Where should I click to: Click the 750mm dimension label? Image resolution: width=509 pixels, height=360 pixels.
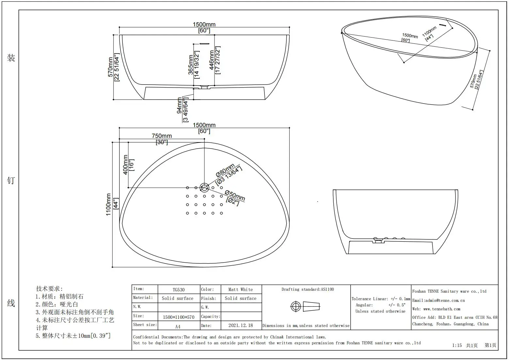pos(162,136)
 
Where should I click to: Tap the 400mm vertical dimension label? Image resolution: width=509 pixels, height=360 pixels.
pos(125,165)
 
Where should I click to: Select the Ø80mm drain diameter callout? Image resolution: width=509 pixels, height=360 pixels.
pos(225,170)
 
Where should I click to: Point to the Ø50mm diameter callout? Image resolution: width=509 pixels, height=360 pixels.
pos(235,196)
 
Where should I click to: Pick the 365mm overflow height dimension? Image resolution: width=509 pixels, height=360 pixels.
pos(191,64)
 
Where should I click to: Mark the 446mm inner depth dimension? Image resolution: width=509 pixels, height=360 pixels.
pos(212,60)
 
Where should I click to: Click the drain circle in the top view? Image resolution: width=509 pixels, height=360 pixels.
pos(204,188)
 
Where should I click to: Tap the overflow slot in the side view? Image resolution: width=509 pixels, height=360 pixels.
pos(204,43)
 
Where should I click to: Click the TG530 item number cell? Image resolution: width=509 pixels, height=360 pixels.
pos(179,290)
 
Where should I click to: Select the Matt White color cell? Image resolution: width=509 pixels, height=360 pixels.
pos(241,289)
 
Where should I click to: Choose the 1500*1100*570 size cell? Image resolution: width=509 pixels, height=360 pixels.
pos(179,317)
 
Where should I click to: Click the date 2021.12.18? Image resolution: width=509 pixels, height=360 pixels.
pos(241,325)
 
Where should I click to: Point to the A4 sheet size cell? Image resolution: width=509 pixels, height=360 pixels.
pos(178,326)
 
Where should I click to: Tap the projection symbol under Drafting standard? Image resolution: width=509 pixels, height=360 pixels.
pos(305,306)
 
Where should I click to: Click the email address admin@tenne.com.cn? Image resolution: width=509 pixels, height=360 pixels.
pos(438,301)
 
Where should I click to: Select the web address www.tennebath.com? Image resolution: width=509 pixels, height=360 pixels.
pos(437,309)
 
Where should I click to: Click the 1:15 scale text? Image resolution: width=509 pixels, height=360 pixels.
pos(457,345)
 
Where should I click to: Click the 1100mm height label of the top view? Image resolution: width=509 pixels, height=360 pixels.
pos(109,205)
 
